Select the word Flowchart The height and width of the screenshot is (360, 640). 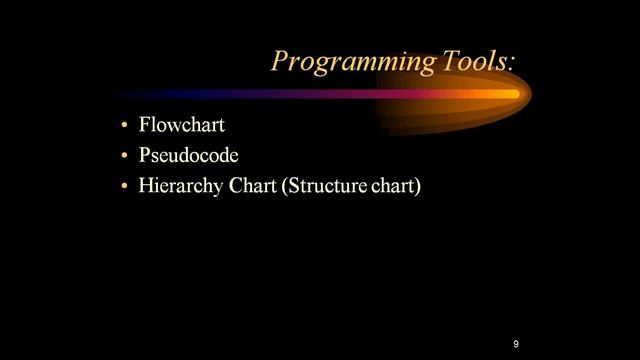(182, 126)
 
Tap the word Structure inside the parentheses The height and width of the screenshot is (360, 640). (327, 186)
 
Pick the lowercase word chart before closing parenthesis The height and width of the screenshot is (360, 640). (393, 186)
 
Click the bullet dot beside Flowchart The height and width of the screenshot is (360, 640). (124, 127)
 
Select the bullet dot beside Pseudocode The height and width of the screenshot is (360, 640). (124, 157)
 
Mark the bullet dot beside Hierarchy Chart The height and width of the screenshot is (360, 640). (124, 187)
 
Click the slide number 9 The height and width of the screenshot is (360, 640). (516, 344)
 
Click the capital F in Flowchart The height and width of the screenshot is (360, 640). (146, 126)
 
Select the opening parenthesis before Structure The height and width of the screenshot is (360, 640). (285, 187)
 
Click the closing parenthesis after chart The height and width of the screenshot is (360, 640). (418, 187)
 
